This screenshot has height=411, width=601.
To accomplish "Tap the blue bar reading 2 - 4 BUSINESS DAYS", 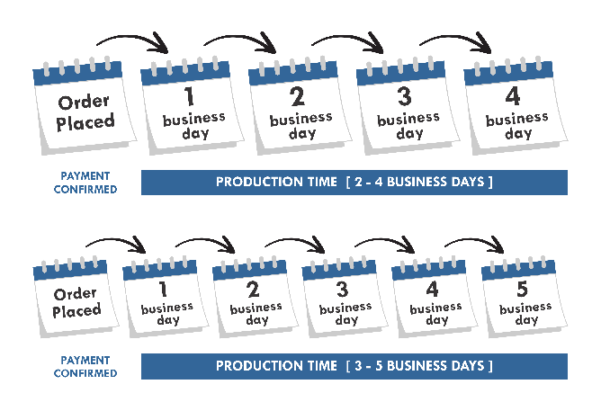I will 354,183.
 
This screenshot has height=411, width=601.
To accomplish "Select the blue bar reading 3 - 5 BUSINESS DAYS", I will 354,366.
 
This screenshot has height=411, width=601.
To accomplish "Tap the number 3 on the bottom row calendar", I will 343,290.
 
